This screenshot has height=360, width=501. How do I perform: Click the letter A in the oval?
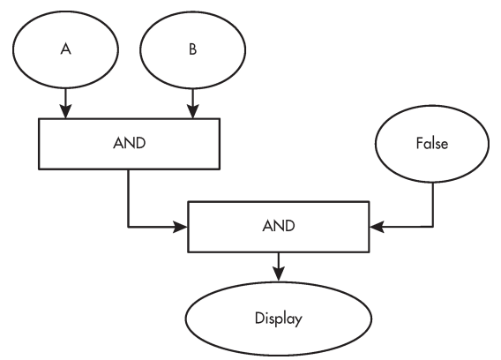(65, 49)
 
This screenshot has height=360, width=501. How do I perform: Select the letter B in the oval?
(192, 49)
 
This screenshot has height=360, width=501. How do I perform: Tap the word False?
(432, 143)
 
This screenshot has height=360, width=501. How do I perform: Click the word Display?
(279, 319)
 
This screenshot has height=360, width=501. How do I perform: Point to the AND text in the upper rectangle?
(130, 143)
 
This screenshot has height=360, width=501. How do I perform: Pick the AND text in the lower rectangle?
(279, 226)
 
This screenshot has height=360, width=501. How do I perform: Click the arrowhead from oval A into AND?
(65, 111)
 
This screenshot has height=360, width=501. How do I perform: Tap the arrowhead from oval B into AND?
(192, 111)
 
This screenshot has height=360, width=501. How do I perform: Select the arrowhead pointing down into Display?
(279, 274)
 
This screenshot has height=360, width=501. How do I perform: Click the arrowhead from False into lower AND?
(377, 227)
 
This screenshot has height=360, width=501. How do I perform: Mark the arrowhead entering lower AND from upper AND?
(181, 227)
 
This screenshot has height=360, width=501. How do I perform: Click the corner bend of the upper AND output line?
(129, 227)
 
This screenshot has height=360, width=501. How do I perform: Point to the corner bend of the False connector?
(433, 227)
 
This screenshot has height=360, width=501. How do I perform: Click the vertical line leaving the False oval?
(433, 205)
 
